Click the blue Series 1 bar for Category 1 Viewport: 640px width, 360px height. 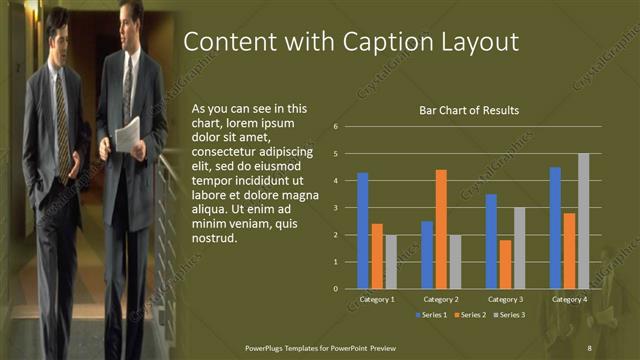click(x=363, y=230)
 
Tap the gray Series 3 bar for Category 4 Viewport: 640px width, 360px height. click(x=584, y=220)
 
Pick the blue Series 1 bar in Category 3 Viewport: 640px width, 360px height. click(x=491, y=241)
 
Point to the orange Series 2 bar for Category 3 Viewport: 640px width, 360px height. click(x=505, y=264)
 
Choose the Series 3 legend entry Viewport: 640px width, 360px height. click(x=511, y=315)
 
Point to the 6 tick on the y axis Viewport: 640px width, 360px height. click(x=336, y=127)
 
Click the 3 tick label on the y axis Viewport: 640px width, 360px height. click(x=336, y=208)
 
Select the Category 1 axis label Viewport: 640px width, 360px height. click(x=377, y=299)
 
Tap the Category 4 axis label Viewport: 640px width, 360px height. click(x=569, y=299)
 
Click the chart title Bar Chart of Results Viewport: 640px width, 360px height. click(x=468, y=110)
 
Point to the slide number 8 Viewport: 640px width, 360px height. click(x=590, y=347)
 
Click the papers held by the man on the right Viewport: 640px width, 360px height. click(x=127, y=133)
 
